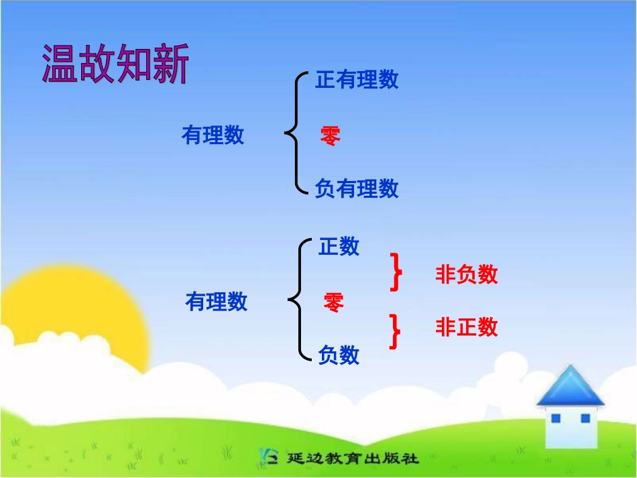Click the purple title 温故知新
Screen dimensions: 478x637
tap(115, 65)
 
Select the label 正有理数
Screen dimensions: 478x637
tap(357, 80)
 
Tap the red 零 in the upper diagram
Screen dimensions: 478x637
tap(330, 136)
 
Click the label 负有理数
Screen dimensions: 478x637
tap(357, 189)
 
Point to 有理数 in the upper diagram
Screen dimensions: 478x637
tap(213, 136)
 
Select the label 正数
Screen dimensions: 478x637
tap(339, 247)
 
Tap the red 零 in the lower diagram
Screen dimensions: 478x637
tap(333, 303)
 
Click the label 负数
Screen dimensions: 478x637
tap(339, 355)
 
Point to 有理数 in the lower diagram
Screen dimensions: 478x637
tap(216, 302)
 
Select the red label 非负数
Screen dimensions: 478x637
tap(467, 274)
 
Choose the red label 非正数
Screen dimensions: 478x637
tap(467, 327)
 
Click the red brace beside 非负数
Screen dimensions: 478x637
tap(396, 272)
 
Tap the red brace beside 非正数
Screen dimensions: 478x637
tap(396, 331)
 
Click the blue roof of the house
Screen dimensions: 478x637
tap(570, 387)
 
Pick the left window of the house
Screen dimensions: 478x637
tap(555, 418)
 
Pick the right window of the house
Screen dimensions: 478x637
tap(585, 418)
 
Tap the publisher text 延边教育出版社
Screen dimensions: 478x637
tap(352, 459)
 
